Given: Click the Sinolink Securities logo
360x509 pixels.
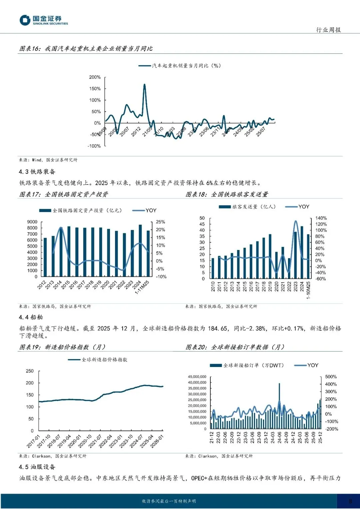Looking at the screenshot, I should [43, 20].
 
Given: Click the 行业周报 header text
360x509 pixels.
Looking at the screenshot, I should [328, 30].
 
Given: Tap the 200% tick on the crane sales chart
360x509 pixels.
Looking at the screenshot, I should [95, 77].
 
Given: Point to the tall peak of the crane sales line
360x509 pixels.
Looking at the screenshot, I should [144, 85].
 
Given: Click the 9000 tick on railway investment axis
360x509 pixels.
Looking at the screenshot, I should [32, 222].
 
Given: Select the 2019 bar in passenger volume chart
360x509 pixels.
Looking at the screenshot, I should [270, 256].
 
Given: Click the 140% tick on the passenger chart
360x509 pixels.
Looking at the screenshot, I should [321, 218].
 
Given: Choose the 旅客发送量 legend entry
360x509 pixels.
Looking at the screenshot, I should [247, 207].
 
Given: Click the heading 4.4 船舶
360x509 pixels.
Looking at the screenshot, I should [31, 317].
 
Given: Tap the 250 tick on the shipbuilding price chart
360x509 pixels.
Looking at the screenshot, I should [30, 371].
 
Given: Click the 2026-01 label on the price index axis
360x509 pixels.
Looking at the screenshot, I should [157, 441].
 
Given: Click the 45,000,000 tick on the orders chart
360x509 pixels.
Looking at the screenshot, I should [197, 377].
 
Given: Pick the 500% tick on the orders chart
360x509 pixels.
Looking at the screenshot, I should [331, 377].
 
